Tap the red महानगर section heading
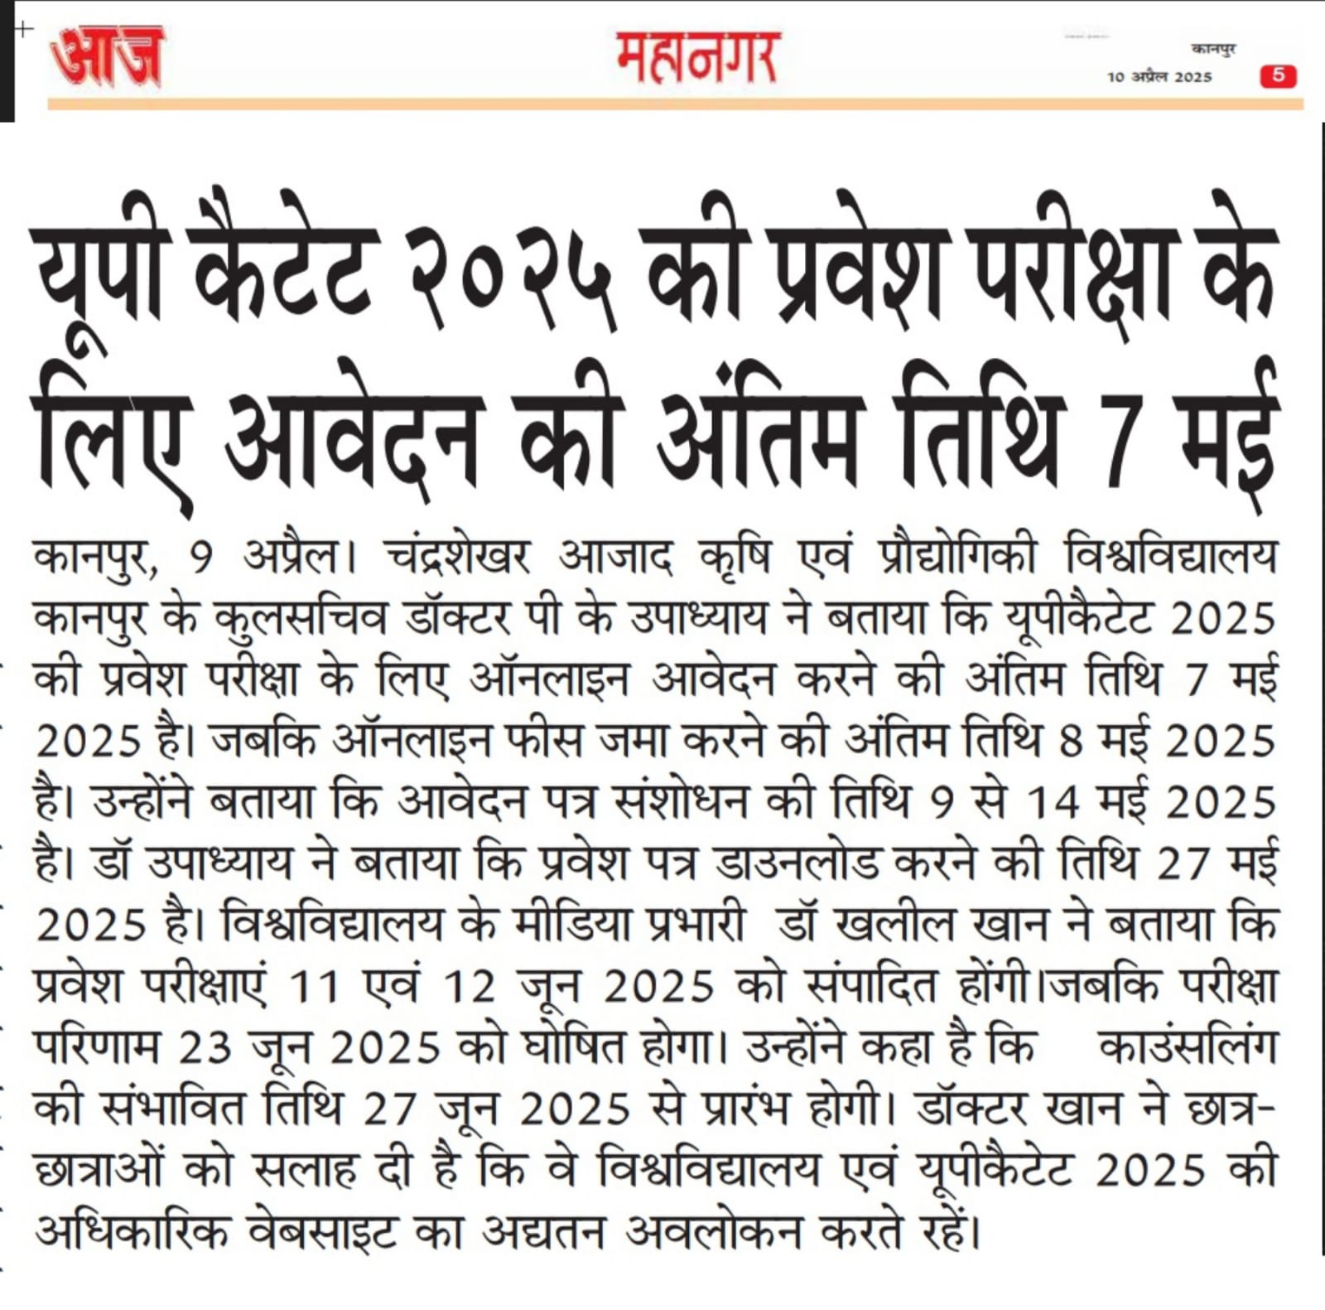[x=696, y=57]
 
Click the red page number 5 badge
[x=1278, y=76]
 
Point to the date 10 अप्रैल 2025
[x=1159, y=77]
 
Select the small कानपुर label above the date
[x=1213, y=50]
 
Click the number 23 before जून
[x=205, y=1048]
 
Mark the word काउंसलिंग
[x=1186, y=1048]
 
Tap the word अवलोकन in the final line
[x=713, y=1233]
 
